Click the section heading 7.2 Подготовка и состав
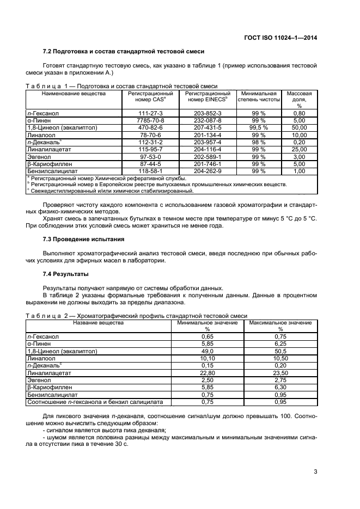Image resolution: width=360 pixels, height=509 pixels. tap(123, 52)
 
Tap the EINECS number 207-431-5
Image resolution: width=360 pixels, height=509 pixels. tap(208, 127)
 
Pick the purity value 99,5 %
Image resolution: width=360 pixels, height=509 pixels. tap(259, 127)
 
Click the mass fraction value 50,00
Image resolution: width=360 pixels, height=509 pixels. tap(299, 127)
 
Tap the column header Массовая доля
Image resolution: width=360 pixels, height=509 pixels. tap(299, 99)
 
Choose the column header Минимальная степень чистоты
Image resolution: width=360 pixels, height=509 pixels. tap(259, 96)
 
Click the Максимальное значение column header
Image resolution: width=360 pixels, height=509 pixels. tap(280, 326)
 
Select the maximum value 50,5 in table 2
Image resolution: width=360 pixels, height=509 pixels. tap(280, 352)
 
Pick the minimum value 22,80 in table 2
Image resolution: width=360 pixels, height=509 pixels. tap(207, 373)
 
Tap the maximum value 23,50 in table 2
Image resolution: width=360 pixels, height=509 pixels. tap(280, 373)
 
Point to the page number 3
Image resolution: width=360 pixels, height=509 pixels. tap(315, 472)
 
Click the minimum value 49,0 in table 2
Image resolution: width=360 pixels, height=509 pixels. tap(207, 352)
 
